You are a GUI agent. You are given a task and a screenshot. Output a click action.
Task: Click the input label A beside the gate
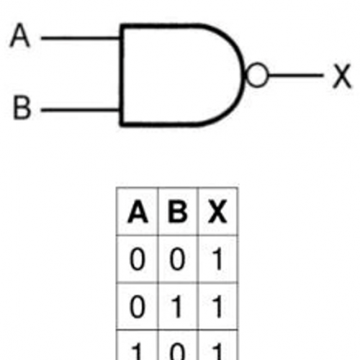(20, 35)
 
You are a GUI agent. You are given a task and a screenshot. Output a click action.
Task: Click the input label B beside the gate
(22, 107)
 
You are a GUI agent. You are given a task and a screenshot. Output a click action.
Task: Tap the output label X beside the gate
(342, 76)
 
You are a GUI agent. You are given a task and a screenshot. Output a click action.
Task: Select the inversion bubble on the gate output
(257, 75)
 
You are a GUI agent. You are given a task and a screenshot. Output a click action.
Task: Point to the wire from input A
(81, 38)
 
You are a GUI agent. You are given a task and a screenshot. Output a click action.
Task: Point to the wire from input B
(81, 110)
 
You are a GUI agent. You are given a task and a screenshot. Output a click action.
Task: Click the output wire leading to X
(295, 76)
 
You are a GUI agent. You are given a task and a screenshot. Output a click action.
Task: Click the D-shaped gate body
(121, 75)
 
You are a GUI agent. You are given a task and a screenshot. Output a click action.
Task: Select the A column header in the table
(138, 212)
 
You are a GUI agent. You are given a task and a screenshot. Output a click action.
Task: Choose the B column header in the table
(178, 212)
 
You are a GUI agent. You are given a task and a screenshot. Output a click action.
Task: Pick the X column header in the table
(217, 212)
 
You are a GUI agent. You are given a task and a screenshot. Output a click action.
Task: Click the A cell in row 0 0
(138, 259)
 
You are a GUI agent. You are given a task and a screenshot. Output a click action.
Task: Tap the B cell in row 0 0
(177, 259)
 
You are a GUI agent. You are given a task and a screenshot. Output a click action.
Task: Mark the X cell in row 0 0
(217, 259)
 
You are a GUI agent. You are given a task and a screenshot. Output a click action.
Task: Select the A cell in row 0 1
(138, 307)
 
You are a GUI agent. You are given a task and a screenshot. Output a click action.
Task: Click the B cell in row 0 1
(177, 307)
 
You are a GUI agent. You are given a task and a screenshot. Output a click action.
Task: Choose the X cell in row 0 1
(217, 307)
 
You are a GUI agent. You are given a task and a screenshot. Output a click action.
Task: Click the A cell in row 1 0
(136, 351)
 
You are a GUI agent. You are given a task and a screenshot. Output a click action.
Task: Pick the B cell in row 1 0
(177, 351)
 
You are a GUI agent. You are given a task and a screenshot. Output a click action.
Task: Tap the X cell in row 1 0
(217, 351)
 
